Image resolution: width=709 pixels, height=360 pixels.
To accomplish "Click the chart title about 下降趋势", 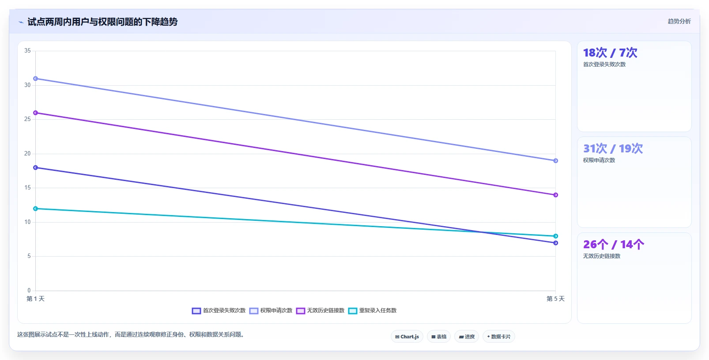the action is coord(102,22).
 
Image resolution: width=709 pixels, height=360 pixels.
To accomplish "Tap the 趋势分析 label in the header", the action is coord(679,21).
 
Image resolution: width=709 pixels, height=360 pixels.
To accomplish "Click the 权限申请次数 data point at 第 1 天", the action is coord(35,79).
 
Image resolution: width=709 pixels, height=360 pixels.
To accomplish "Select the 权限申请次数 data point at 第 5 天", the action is coord(555,160).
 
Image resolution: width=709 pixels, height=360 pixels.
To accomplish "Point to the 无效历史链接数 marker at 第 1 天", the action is coord(35,113).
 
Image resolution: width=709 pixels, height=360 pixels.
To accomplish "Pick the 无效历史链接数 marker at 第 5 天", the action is coord(555,195).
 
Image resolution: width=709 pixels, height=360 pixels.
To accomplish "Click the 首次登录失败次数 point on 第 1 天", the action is coord(35,167).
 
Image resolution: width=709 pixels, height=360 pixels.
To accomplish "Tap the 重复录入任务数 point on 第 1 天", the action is coord(35,208).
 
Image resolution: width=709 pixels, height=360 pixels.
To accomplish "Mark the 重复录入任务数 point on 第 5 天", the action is coord(555,236).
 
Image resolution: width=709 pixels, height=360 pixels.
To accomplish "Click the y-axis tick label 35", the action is coord(27,51).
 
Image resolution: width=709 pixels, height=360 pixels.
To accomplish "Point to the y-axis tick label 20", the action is coord(27,154).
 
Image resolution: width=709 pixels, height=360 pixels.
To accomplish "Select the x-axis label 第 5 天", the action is coord(555,299).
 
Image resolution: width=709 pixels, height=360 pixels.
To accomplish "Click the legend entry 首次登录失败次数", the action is coord(219,311).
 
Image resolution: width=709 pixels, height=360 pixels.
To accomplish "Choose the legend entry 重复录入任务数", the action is coord(373,311).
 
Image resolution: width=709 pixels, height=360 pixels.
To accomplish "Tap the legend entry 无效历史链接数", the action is coord(321,311).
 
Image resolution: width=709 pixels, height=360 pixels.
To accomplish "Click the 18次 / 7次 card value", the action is coord(610,53).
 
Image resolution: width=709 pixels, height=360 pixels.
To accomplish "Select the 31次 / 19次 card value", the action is coord(613,148).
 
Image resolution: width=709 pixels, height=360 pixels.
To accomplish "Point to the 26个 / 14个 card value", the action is coord(613,244).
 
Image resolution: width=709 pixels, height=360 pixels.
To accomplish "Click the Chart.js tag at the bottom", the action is coord(407,337).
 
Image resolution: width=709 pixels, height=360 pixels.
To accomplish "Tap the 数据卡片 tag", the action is coord(499,337).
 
